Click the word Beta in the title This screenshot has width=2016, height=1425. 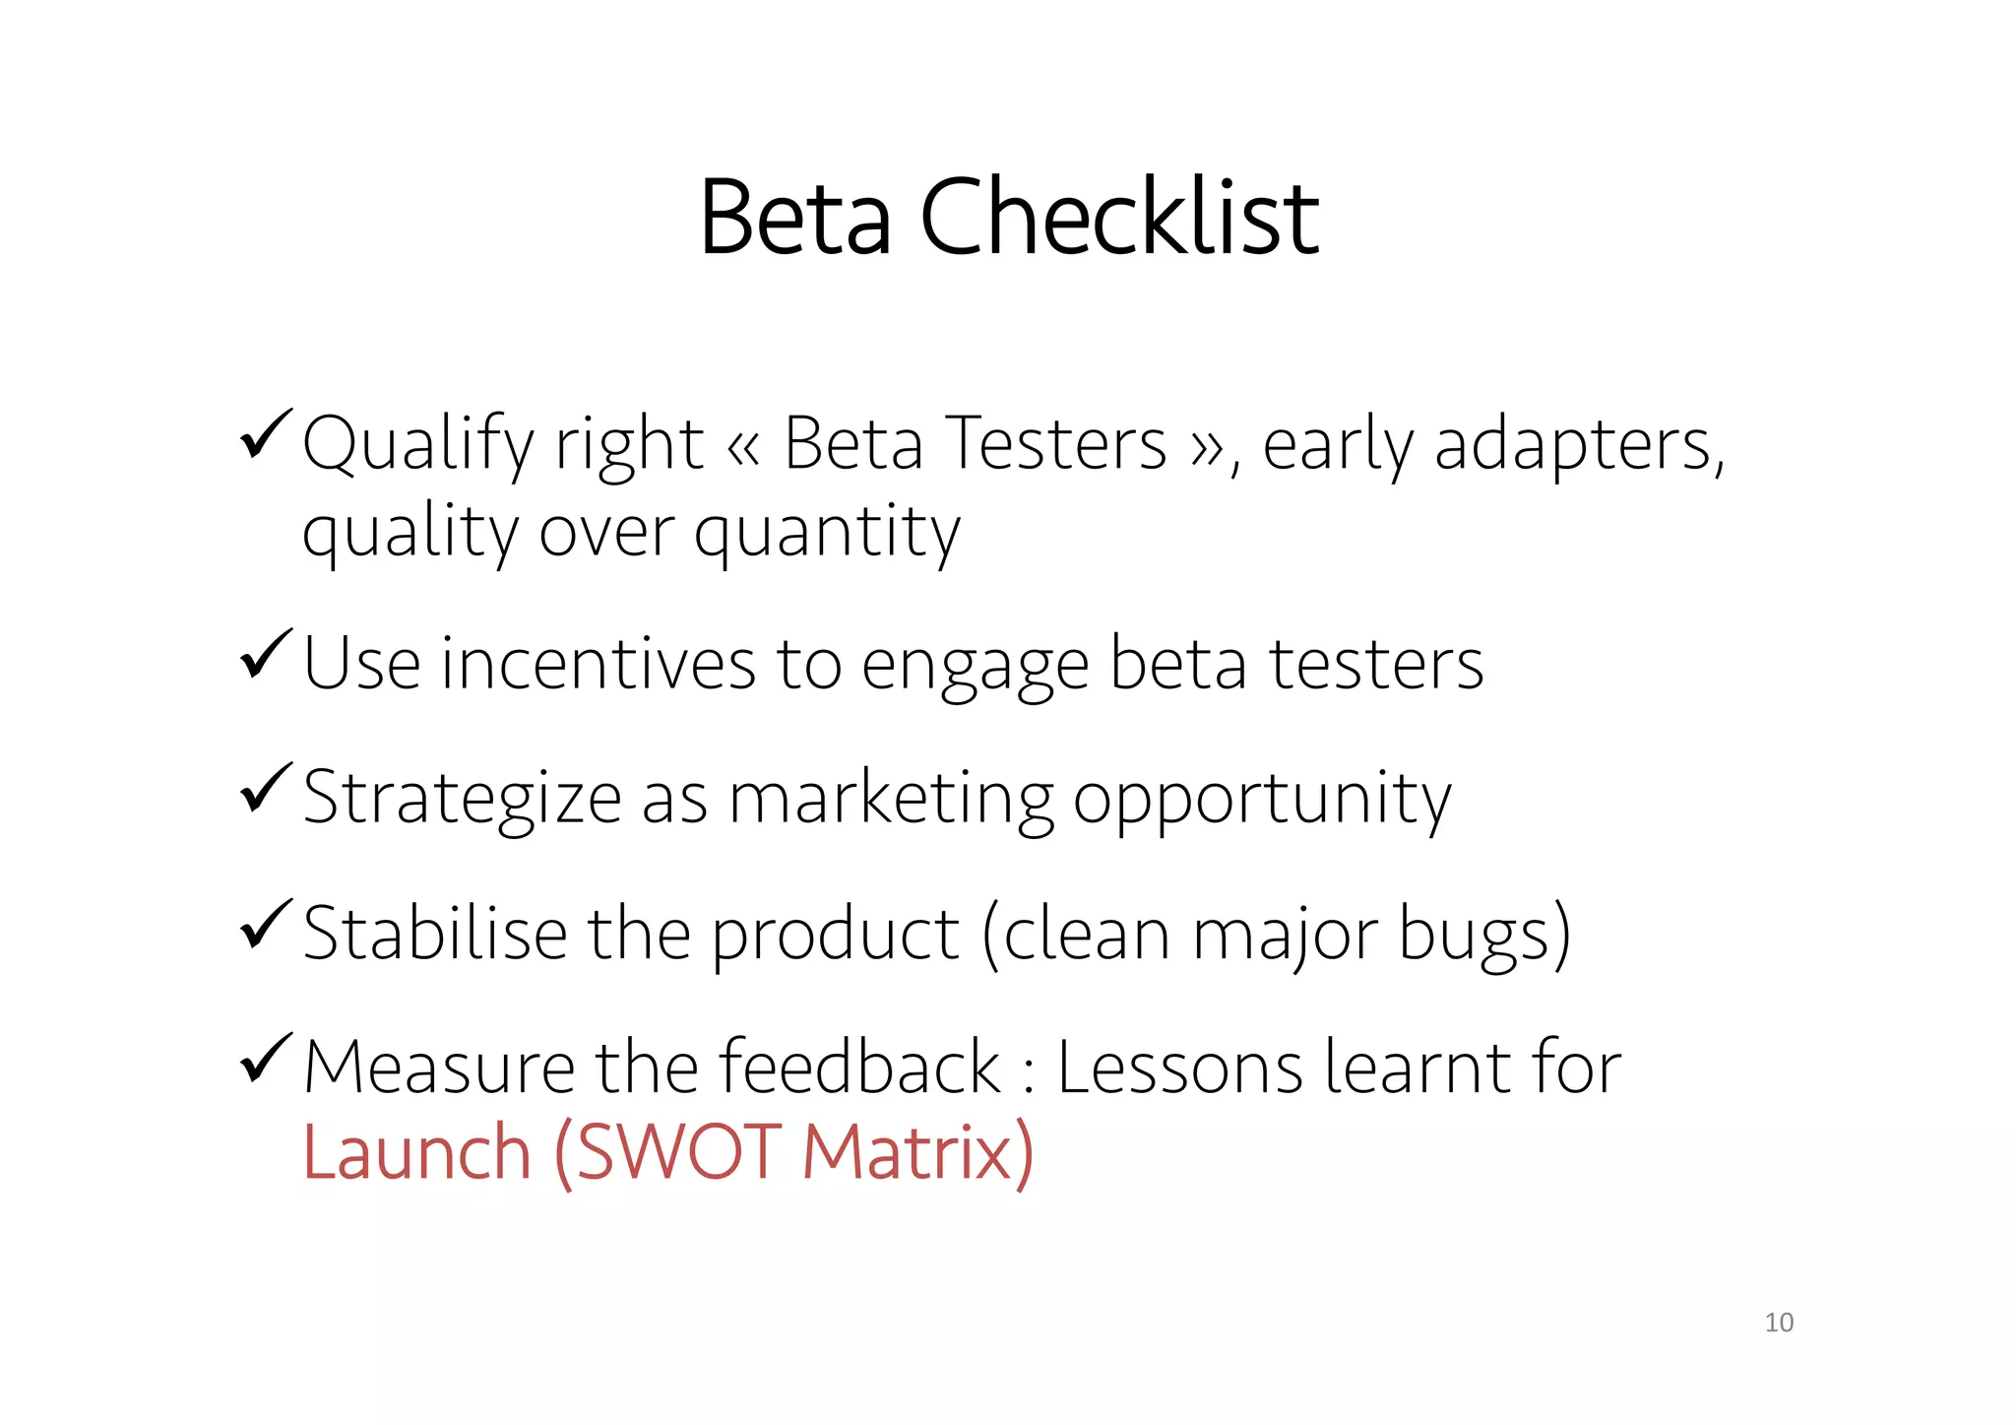[795, 218]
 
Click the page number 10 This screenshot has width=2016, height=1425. [1779, 1323]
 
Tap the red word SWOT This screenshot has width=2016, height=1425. [677, 1152]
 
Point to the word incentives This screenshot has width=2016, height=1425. [598, 664]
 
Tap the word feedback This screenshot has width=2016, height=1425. [858, 1068]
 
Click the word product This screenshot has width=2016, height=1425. [835, 936]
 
